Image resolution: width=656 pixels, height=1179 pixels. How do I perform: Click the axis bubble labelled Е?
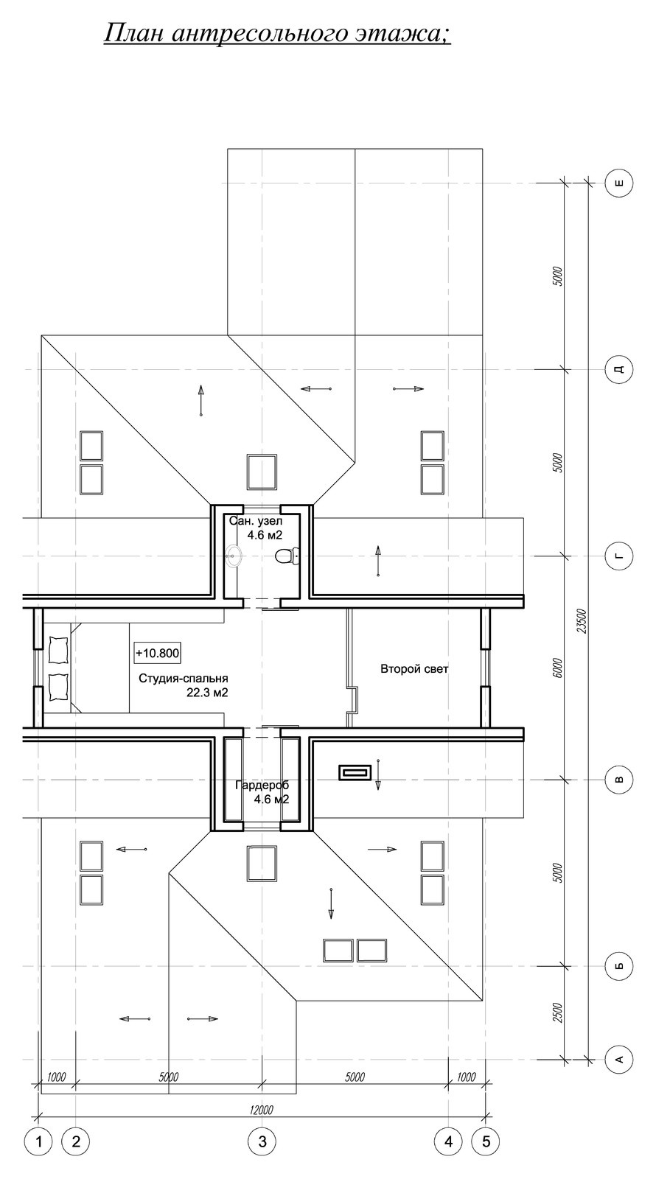[620, 183]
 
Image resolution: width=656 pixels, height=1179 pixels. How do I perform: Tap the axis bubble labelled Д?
[620, 368]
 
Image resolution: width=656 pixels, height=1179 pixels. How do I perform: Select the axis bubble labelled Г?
[620, 556]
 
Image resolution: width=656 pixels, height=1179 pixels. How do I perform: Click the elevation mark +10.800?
[158, 653]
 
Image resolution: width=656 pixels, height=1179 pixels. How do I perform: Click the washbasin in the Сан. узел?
[233, 555]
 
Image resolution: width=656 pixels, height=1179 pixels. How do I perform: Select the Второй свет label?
[414, 669]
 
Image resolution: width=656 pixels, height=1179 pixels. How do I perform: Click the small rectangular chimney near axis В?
[355, 772]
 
